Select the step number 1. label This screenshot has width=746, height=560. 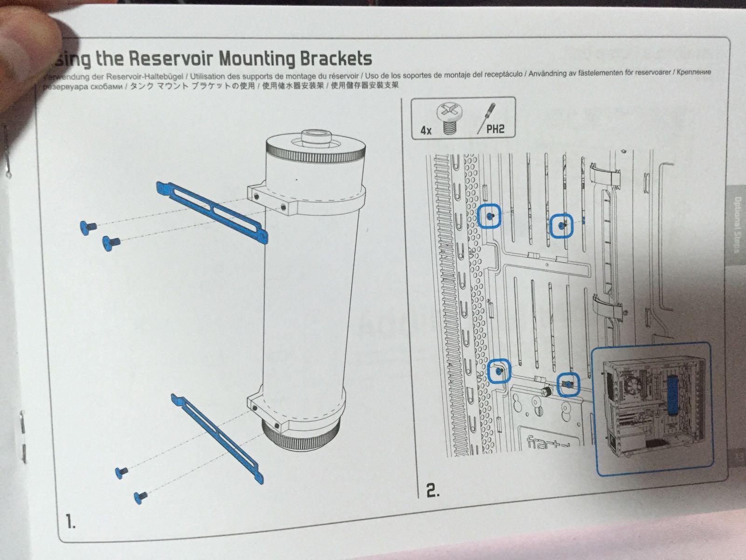71,521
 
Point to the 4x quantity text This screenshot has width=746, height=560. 426,130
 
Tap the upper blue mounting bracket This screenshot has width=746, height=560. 212,210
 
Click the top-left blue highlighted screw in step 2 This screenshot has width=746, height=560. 490,216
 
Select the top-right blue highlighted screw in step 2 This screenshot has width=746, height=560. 562,226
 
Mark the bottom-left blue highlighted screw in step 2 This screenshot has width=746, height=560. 499,371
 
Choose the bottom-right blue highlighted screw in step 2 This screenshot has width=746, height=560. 568,384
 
